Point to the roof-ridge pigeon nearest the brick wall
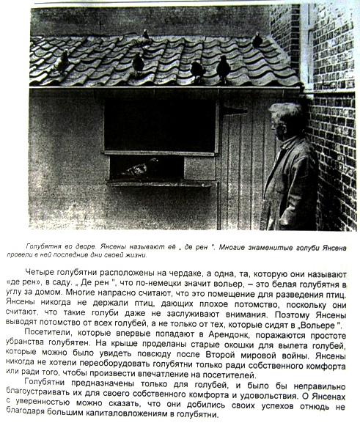(257, 40)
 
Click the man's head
(286, 120)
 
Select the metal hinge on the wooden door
(234, 110)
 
